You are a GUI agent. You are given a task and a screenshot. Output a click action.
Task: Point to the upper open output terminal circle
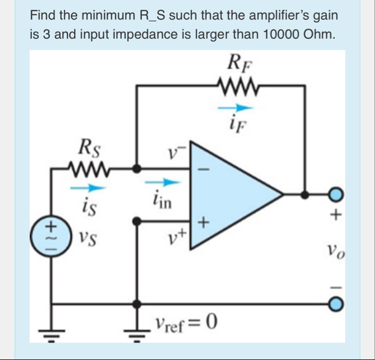(x=335, y=194)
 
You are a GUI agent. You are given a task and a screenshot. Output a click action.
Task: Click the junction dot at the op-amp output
(x=305, y=194)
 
